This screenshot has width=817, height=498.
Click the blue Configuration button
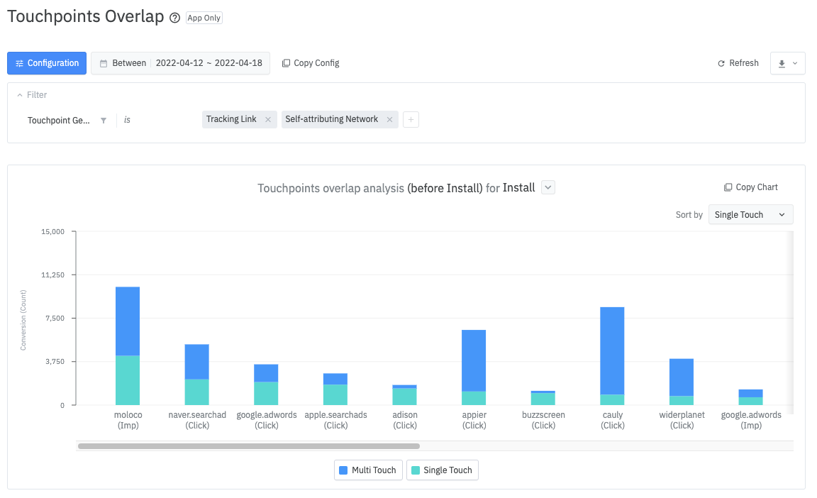47,63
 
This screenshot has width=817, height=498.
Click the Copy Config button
311,63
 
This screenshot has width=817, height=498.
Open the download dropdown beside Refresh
787,63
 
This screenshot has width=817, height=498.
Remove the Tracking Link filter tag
268,120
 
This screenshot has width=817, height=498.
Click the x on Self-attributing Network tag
389,120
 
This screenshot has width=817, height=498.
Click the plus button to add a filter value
411,120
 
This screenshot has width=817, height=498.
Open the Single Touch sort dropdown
750,215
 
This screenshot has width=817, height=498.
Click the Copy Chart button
751,187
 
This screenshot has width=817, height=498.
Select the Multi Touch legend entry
368,470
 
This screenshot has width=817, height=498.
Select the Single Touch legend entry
443,470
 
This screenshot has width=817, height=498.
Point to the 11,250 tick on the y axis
54,275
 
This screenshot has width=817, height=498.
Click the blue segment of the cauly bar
612,350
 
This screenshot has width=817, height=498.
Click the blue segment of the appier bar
474,360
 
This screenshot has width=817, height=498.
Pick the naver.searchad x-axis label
197,419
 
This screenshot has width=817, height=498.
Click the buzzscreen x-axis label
543,419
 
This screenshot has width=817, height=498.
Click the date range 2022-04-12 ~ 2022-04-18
209,63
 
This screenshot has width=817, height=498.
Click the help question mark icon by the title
175,18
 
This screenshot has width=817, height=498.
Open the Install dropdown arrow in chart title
548,187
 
